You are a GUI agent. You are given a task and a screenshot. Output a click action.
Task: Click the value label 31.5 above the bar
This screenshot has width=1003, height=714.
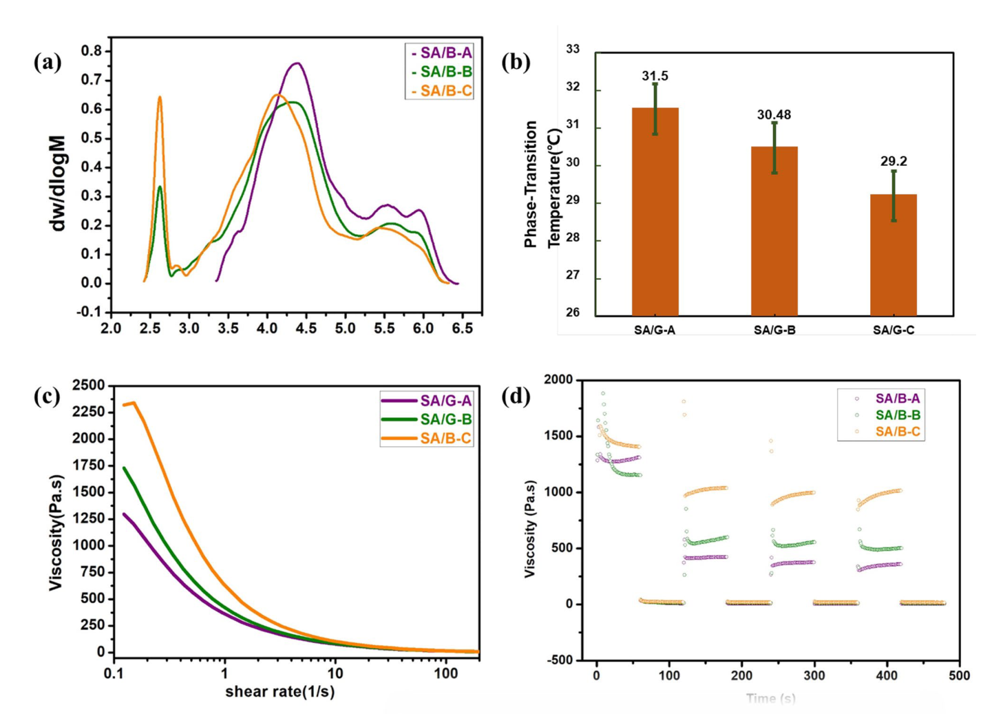[x=655, y=76]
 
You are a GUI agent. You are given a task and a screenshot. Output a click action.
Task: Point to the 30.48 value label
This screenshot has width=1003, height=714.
[x=774, y=115]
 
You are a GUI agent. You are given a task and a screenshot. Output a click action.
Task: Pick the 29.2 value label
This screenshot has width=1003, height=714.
[x=894, y=161]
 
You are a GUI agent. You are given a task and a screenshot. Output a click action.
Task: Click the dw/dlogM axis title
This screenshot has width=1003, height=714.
[x=59, y=182]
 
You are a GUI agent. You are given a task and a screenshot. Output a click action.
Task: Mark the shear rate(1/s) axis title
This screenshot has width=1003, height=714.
[x=279, y=692]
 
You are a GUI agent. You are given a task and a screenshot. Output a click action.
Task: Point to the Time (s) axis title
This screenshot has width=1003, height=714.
[x=770, y=699]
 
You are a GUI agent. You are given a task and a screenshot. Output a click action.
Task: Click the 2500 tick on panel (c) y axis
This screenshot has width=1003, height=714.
[x=91, y=385]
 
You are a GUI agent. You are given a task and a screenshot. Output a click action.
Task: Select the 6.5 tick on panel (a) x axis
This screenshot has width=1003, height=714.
[x=462, y=328]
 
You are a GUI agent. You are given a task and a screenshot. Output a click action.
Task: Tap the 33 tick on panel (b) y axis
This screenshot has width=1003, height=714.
[x=573, y=50]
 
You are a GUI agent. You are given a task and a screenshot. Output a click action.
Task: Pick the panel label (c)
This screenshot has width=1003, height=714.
[x=47, y=397]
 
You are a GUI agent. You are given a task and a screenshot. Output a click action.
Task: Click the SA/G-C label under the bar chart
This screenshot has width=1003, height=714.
[x=894, y=330]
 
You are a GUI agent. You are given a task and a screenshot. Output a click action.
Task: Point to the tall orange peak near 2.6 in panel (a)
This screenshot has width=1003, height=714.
[x=160, y=98]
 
